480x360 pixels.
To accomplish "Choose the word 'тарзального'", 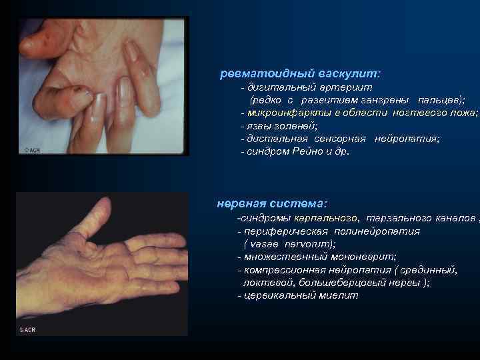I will (x=392, y=218).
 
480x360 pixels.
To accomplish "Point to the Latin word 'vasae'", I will (x=267, y=244).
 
